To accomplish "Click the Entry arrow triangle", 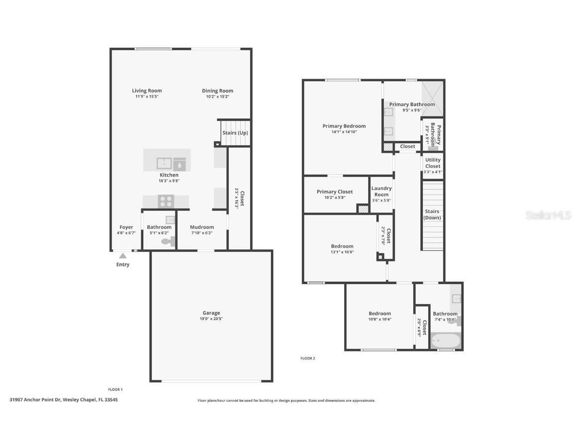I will pos(122,256).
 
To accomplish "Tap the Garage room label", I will pos(211,313).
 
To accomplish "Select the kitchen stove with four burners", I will pos(166,201).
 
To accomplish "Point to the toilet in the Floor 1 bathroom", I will pos(168,242).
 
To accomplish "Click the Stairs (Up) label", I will pos(235,133).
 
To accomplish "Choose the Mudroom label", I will pos(202,227).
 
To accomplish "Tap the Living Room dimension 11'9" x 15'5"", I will pos(147,97).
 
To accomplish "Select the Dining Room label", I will pos(217,91).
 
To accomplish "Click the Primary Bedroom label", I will pos(344,126).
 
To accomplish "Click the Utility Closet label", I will pos(433,163).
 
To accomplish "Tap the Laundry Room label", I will pos(382,191).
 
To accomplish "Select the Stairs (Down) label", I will pos(432,215).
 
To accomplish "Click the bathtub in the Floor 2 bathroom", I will pos(446,341).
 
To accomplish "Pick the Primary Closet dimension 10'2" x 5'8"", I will pos(334,198).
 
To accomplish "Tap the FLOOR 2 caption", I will pos(308,358).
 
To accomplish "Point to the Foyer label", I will pos(126,227).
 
